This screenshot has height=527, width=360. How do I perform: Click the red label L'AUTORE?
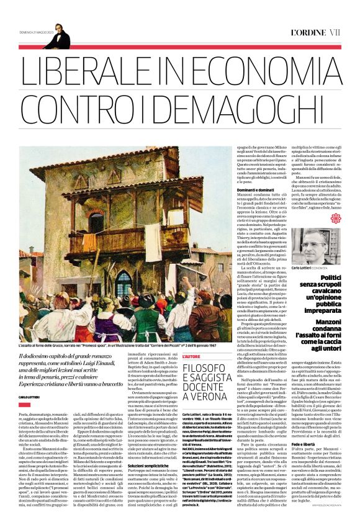[192, 338]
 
